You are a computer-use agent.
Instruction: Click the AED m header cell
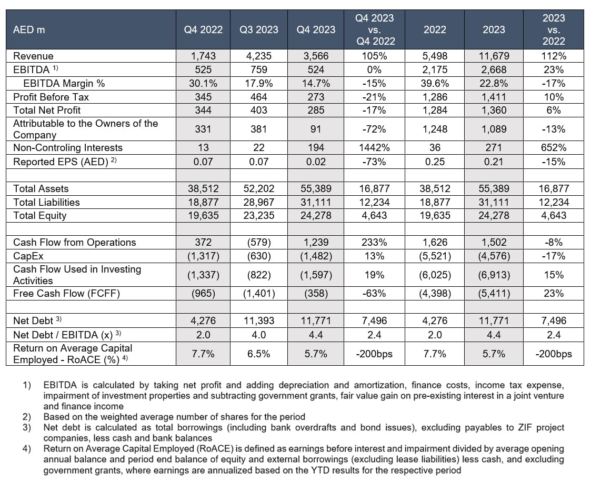(29, 29)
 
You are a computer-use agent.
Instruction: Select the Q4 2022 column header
(203, 29)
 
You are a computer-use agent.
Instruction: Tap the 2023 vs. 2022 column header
(553, 29)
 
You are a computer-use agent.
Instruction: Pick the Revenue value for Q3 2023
(259, 56)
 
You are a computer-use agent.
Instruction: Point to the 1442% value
(374, 148)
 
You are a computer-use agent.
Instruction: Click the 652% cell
(553, 148)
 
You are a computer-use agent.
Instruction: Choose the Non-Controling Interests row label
(68, 148)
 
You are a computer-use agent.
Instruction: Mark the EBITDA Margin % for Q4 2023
(316, 83)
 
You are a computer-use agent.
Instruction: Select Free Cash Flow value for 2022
(434, 294)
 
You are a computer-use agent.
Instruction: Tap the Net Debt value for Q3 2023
(259, 320)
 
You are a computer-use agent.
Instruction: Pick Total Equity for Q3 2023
(259, 215)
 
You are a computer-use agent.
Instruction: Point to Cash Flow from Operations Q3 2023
(259, 243)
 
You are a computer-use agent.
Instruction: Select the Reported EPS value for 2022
(434, 162)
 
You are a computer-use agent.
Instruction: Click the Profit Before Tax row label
(51, 97)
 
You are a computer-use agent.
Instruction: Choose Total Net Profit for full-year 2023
(494, 110)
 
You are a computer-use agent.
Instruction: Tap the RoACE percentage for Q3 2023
(259, 354)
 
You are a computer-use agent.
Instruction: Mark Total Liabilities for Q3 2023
(259, 202)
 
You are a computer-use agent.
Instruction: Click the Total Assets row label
(41, 189)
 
